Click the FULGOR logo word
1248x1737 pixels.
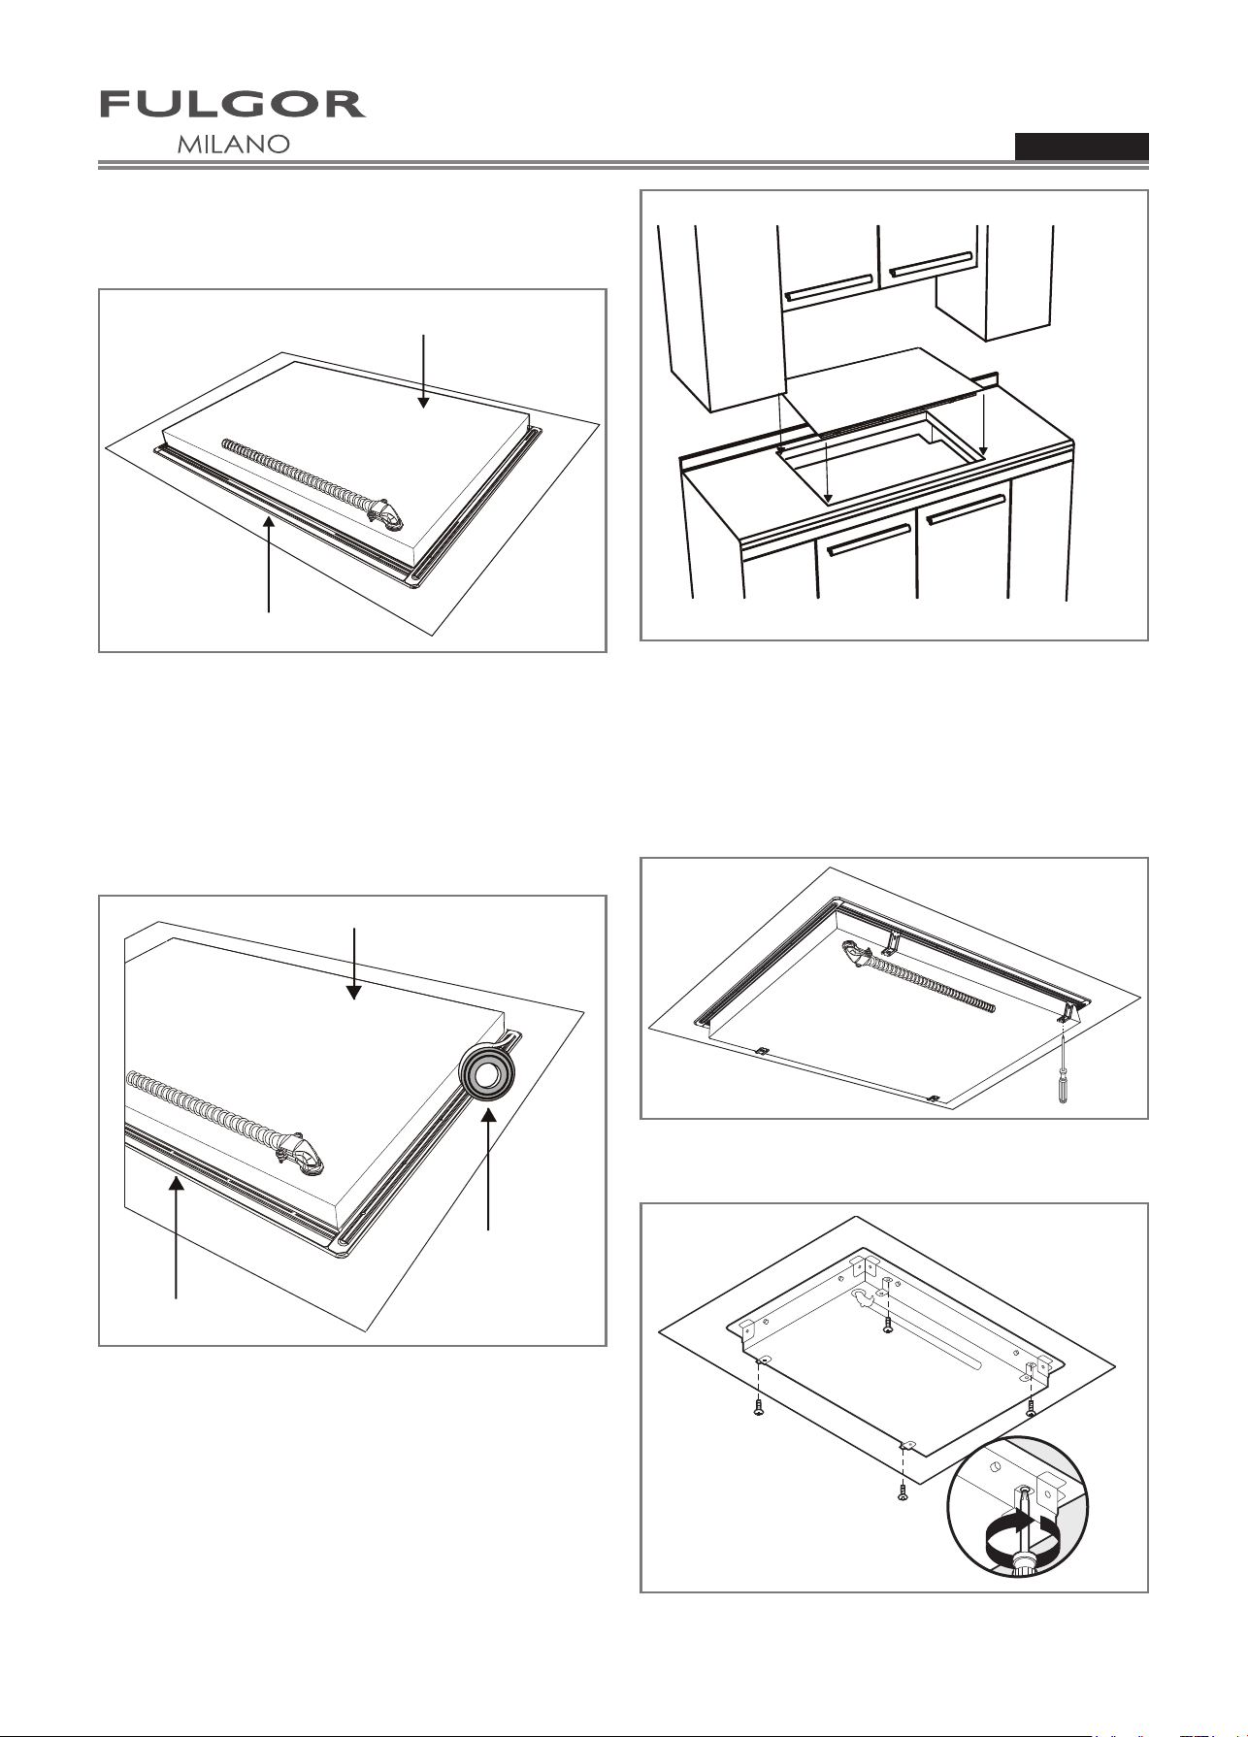pos(233,105)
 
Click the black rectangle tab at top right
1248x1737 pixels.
pos(1082,147)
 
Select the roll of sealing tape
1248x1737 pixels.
pos(487,1074)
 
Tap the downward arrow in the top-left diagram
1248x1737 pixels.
pos(423,371)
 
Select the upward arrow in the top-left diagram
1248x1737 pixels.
pos(269,564)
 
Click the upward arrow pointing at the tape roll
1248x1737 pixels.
pos(488,1170)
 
